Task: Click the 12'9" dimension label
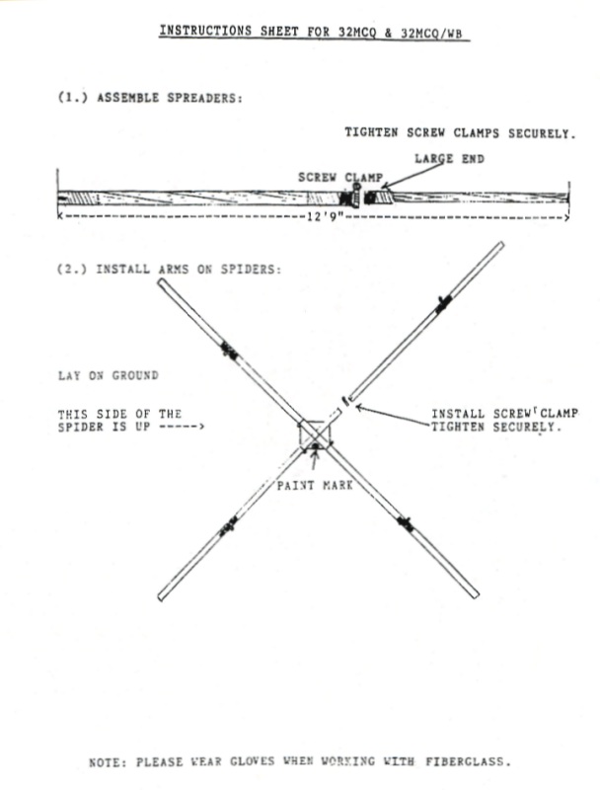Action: coord(326,217)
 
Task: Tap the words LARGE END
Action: coord(449,159)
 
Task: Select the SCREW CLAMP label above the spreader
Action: coord(340,178)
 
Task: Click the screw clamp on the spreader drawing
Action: coord(356,196)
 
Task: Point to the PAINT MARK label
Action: coord(315,485)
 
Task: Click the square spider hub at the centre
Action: coord(315,434)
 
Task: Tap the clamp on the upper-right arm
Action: coord(443,304)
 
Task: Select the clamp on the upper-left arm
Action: coord(229,350)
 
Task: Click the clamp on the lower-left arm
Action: coord(228,526)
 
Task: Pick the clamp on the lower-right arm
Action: coord(406,523)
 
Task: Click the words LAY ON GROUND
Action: coord(109,376)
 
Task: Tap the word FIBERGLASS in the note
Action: coord(468,760)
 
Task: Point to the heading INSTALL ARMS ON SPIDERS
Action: coord(169,270)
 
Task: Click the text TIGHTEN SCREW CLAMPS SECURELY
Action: coord(460,133)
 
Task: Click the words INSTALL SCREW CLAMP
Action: coord(504,414)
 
